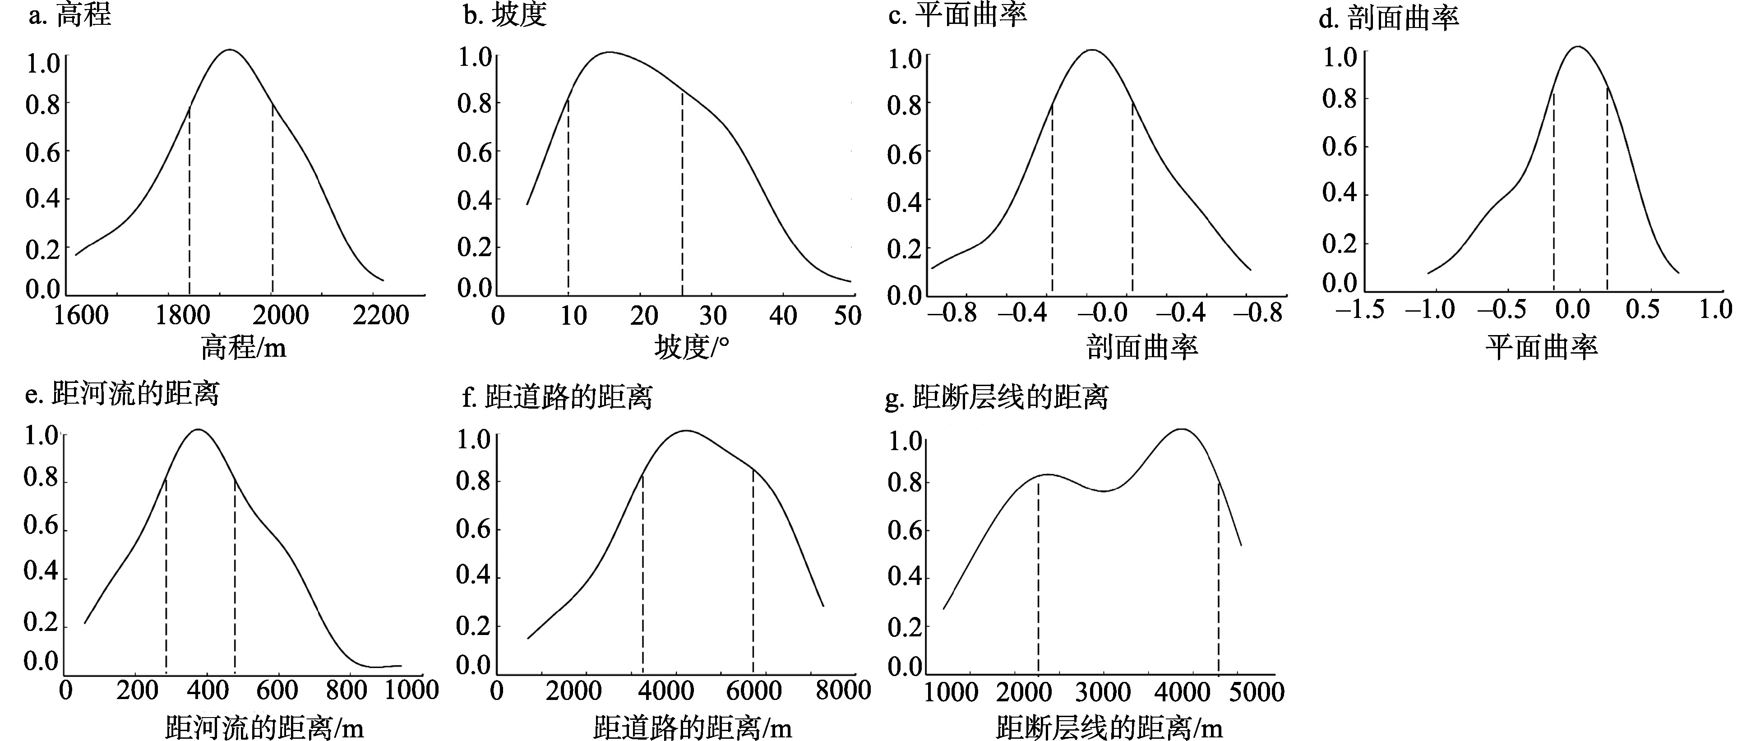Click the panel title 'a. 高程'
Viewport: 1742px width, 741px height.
click(x=69, y=15)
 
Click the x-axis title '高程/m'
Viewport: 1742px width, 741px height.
click(x=244, y=348)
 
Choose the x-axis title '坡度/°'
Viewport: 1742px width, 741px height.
click(x=692, y=348)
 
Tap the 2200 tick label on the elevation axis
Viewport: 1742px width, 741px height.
click(x=381, y=315)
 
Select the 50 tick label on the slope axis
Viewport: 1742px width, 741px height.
click(x=847, y=315)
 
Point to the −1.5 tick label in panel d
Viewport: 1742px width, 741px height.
click(x=1359, y=310)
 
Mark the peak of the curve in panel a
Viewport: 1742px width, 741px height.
click(x=230, y=50)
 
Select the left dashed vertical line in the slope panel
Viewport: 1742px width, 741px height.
click(x=568, y=196)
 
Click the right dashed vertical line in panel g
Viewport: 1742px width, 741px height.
click(x=1219, y=575)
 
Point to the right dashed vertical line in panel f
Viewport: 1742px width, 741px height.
click(x=753, y=568)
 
